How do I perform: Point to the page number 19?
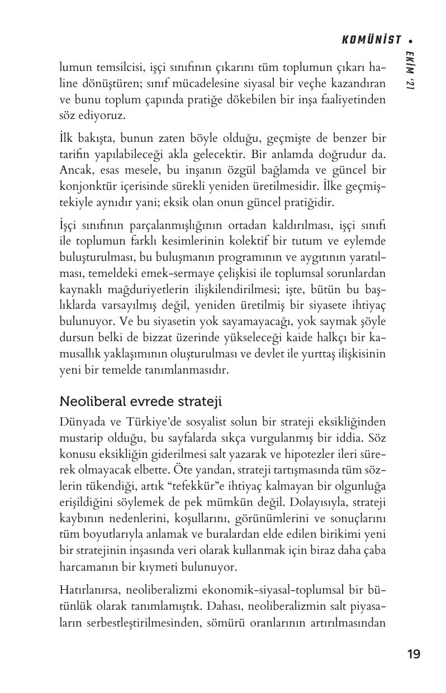tap(414, 654)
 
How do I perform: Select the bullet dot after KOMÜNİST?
tap(411, 40)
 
